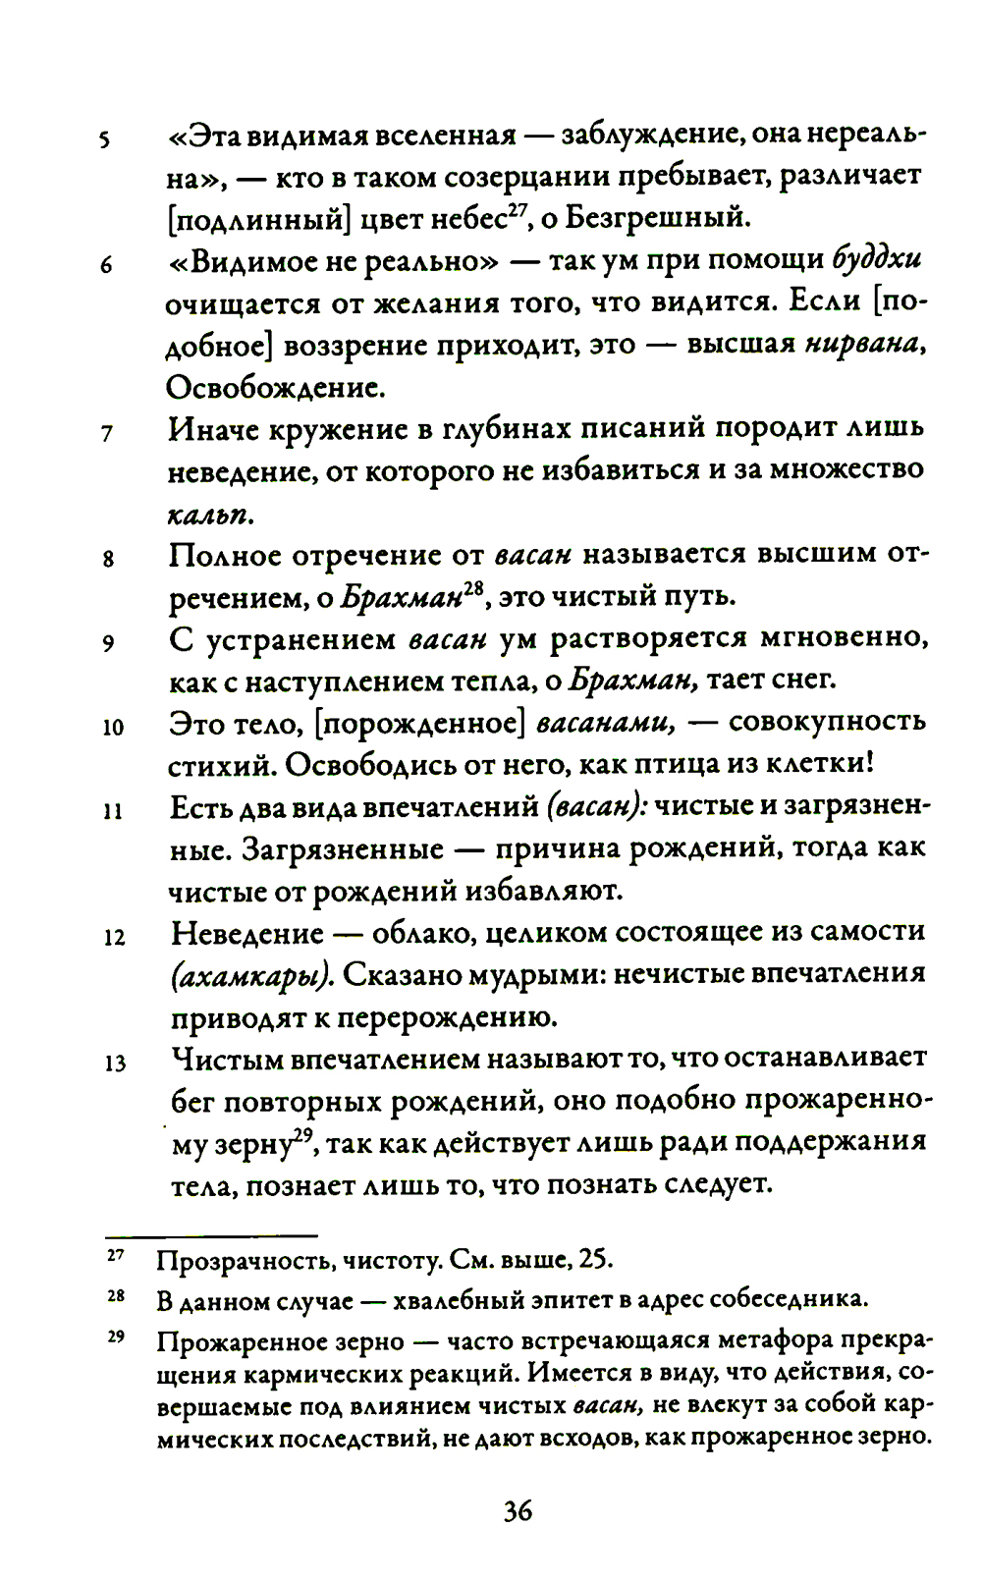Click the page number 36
click(x=518, y=1510)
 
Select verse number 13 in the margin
click(x=115, y=1064)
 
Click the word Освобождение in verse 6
click(x=275, y=388)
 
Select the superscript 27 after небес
click(x=518, y=208)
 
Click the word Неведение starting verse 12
click(x=245, y=933)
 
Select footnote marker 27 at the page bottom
click(x=115, y=1255)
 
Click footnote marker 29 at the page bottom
click(x=115, y=1337)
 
